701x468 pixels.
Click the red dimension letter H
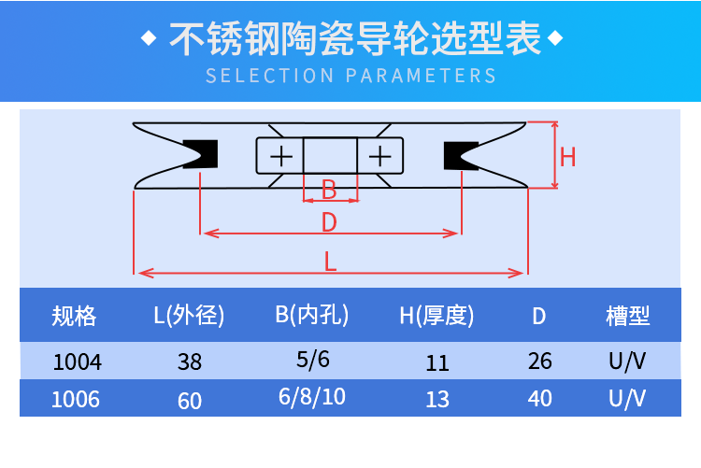(567, 156)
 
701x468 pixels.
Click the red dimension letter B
(329, 190)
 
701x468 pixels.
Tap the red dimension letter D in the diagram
(329, 222)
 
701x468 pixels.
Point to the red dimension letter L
(330, 262)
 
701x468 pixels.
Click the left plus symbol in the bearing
(280, 155)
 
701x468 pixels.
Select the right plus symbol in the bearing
(381, 155)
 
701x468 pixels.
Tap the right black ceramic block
(461, 154)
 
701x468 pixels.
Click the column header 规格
(74, 316)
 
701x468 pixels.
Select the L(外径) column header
(189, 316)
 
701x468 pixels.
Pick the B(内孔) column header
(312, 315)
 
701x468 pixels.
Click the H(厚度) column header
(436, 316)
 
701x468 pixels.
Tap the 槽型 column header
(627, 316)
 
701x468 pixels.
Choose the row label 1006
(75, 400)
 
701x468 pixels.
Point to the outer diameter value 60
(190, 401)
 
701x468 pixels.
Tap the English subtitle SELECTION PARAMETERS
(350, 76)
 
